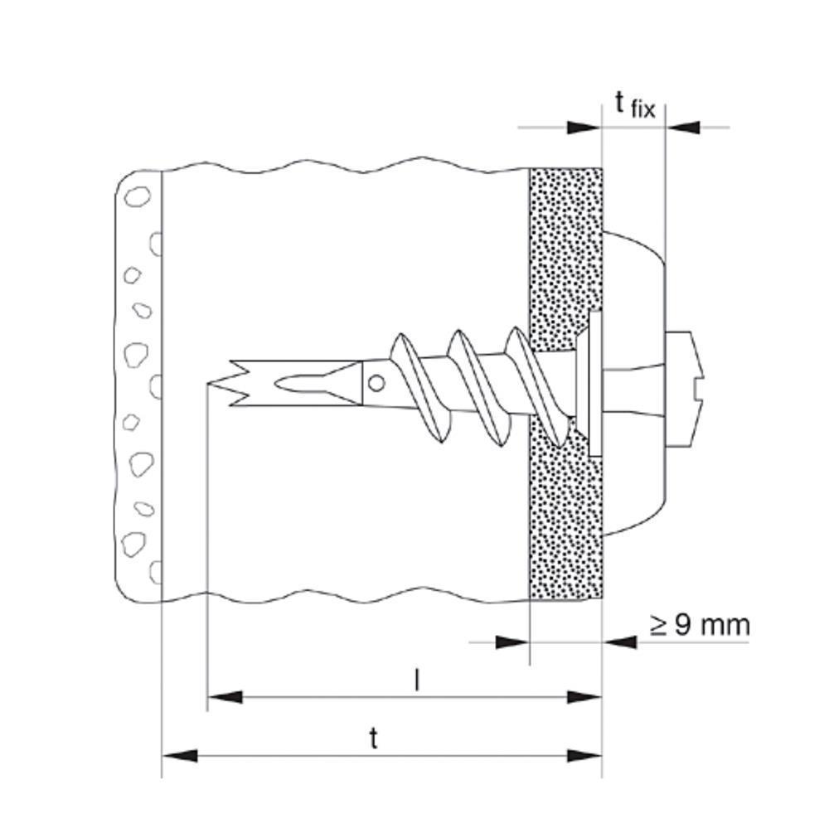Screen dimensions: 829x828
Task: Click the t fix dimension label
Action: click(635, 105)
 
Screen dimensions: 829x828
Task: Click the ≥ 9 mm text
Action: click(700, 625)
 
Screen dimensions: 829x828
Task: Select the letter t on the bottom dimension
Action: click(374, 738)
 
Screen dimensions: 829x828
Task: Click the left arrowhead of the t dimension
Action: click(180, 756)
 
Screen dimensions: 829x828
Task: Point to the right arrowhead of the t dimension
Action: click(584, 756)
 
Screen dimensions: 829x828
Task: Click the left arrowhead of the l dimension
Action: click(225, 697)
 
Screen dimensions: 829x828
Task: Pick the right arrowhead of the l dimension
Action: click(584, 697)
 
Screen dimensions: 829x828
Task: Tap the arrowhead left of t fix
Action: click(584, 128)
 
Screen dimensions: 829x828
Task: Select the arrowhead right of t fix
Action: click(682, 128)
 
